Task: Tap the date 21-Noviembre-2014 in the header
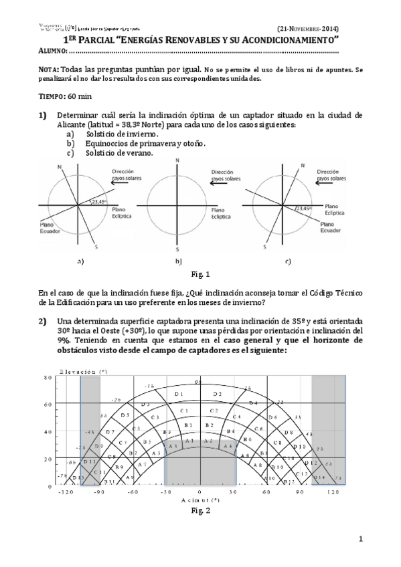308,29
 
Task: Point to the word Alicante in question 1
77,126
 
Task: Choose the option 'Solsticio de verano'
119,152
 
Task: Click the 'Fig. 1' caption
200,274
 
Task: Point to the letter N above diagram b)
177,161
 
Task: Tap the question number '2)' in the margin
43,322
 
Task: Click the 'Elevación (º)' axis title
83,370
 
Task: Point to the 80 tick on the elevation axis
48,378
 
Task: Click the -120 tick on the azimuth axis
64,491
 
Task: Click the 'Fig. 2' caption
200,511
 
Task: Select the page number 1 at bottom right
360,539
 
